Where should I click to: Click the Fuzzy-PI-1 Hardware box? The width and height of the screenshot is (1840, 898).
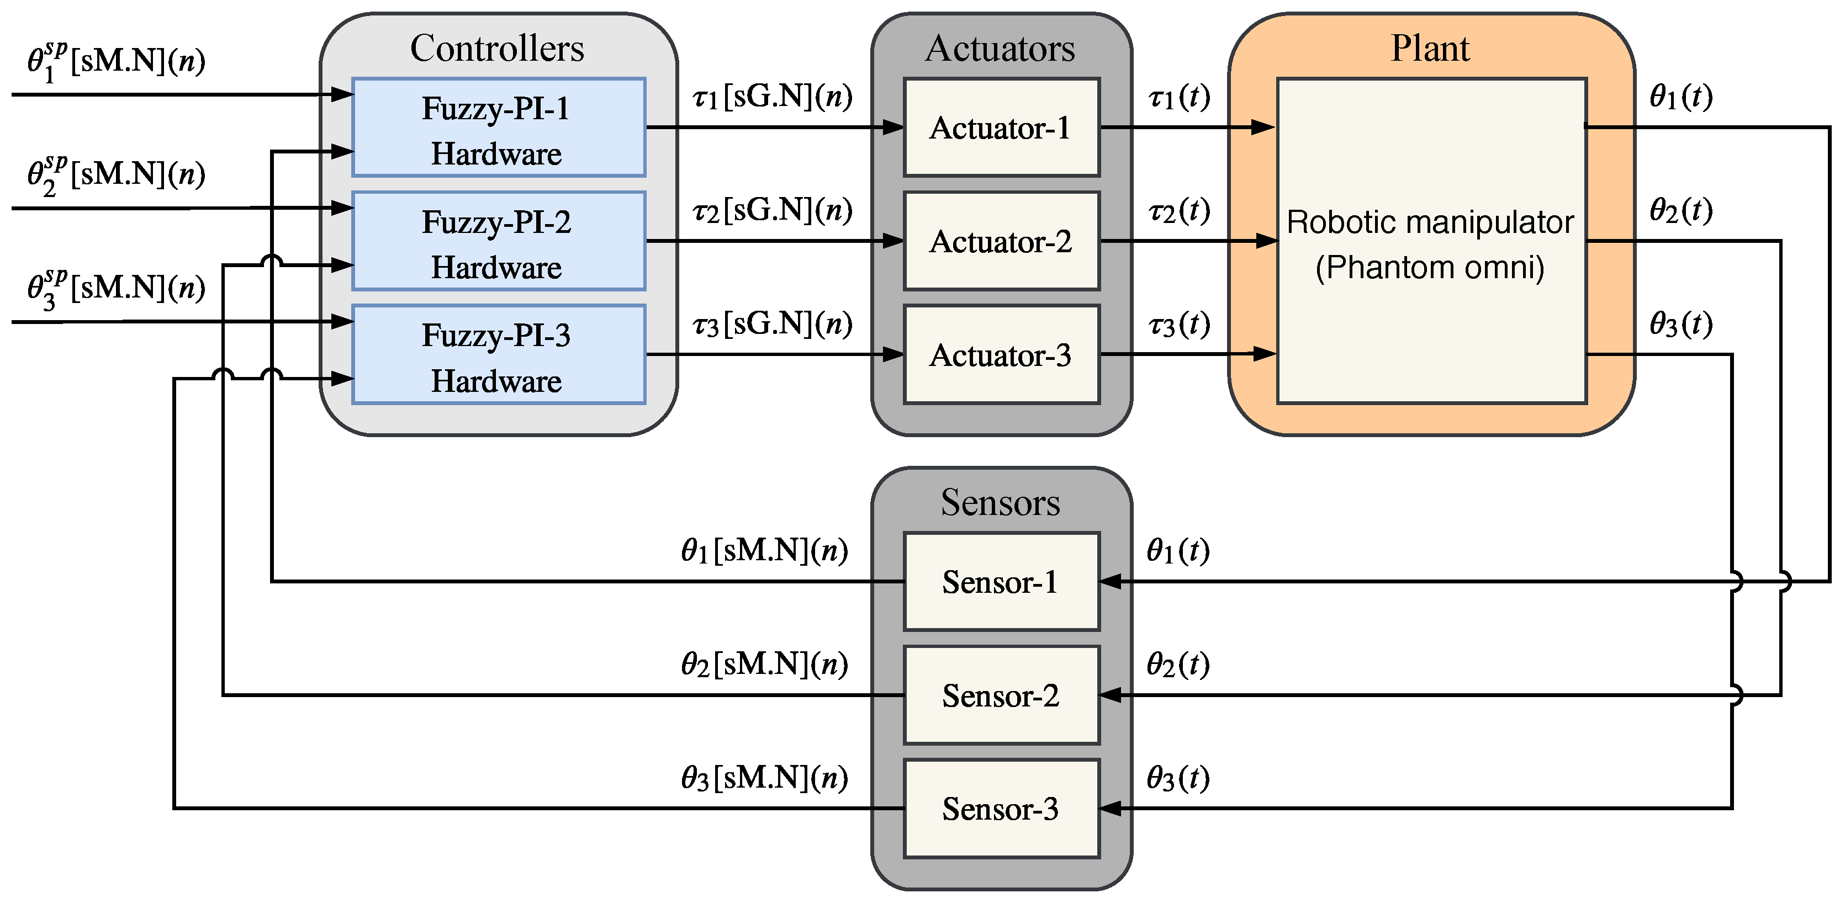[499, 127]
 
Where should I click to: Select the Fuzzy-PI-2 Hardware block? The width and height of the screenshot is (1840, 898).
[499, 241]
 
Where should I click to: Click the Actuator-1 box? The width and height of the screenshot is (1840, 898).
[1001, 127]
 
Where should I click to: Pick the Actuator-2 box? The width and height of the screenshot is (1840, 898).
[1001, 241]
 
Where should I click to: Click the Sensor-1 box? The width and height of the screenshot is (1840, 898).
[1001, 581]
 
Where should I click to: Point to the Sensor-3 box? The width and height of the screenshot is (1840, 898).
[1001, 808]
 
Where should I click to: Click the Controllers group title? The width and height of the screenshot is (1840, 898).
[497, 49]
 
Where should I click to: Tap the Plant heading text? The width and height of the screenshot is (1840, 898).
[1430, 49]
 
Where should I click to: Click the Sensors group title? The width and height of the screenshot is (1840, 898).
[1000, 502]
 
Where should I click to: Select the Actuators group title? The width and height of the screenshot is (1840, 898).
[1000, 49]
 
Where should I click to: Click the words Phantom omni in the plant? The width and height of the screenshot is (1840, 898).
[1430, 268]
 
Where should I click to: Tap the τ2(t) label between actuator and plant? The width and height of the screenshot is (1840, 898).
[1178, 211]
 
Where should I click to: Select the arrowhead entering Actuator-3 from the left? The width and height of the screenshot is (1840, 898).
[893, 354]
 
